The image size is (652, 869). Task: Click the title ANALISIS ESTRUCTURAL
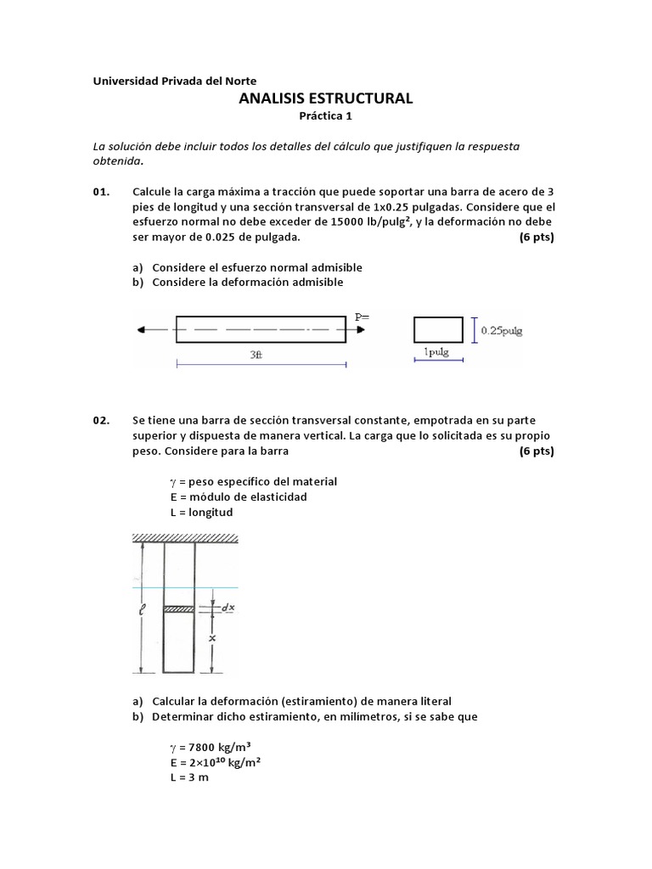point(326,98)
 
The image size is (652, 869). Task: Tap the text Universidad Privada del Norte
point(174,81)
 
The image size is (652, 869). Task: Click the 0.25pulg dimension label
point(501,330)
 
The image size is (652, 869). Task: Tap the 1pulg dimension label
point(436,352)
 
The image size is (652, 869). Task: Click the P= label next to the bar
point(363,316)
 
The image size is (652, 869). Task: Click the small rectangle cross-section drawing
point(438,329)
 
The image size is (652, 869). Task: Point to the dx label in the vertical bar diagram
point(228,608)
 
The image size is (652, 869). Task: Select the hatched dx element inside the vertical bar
point(179,608)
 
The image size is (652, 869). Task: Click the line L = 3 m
point(188,776)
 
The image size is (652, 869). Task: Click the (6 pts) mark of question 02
point(536,451)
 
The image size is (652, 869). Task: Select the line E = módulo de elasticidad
point(238,496)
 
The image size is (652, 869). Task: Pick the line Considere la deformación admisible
point(247,282)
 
